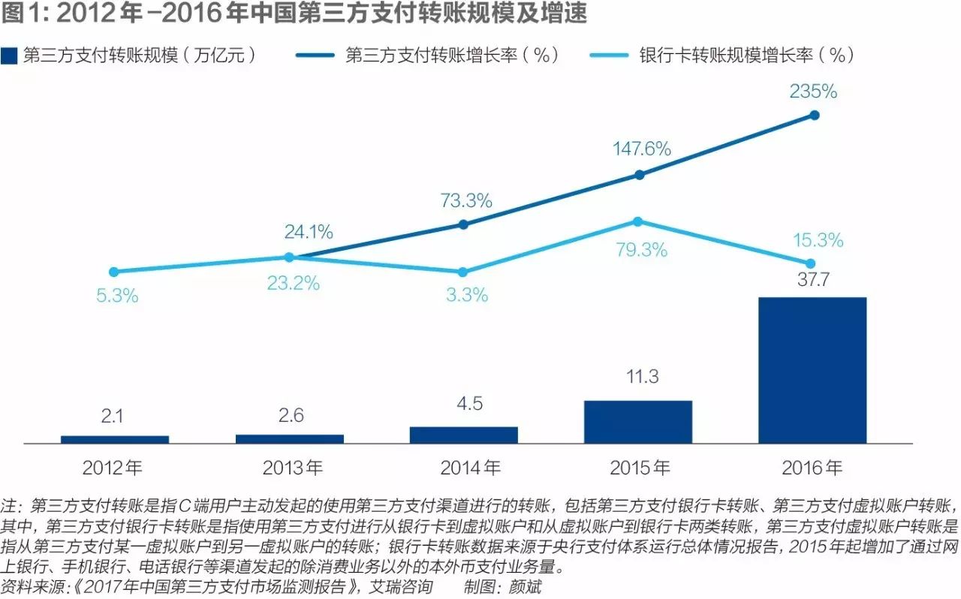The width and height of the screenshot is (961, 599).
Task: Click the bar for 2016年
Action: point(812,370)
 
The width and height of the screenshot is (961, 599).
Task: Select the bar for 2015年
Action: point(638,421)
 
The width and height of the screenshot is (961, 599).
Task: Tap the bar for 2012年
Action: point(115,439)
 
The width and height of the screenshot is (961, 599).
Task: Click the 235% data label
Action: point(813,92)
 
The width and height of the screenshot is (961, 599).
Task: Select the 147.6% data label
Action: point(640,149)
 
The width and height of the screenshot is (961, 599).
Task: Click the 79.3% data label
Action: point(640,250)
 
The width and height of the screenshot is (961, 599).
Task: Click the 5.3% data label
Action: point(117,296)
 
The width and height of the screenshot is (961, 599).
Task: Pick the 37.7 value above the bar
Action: point(813,280)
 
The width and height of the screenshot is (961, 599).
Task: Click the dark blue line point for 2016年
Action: point(814,115)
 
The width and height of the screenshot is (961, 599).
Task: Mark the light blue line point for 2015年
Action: point(637,221)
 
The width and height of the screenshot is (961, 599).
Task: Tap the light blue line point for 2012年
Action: point(114,272)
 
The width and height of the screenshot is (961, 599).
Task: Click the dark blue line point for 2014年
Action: point(463,224)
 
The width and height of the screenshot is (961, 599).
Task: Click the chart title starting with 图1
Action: point(294,14)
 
